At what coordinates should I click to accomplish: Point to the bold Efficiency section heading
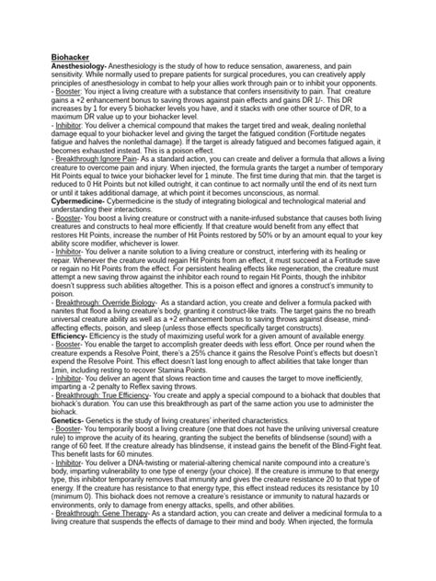pos(69,336)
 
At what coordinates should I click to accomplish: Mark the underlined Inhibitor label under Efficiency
pos(66,379)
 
